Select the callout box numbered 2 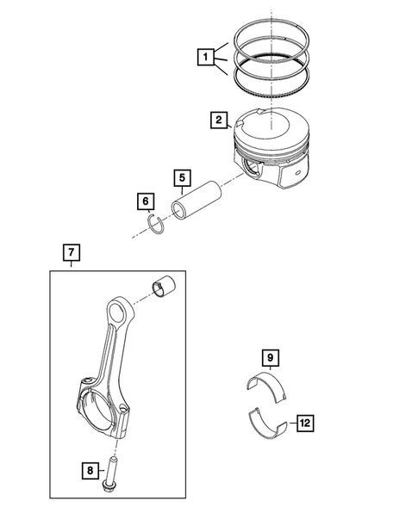click(x=219, y=121)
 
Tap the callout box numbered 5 click(x=182, y=180)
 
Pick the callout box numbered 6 click(x=145, y=202)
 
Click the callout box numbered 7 click(x=72, y=253)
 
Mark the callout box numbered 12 click(x=304, y=423)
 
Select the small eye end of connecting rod click(x=117, y=311)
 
